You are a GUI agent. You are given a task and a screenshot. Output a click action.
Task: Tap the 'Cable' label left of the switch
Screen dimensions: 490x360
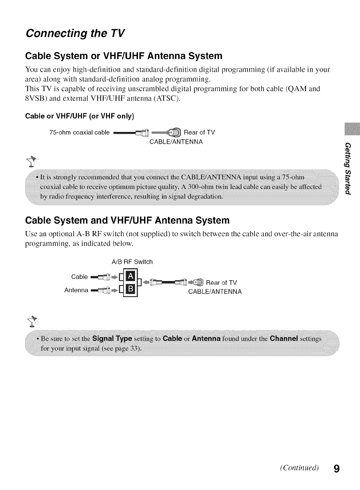[x=79, y=277]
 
